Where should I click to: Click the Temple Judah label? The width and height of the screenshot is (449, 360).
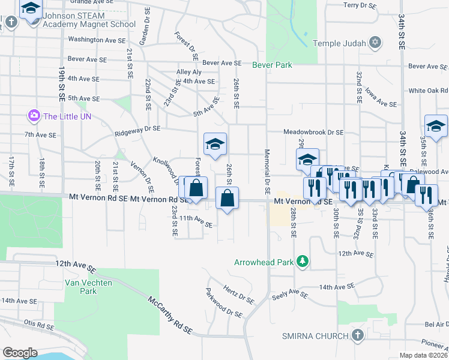339,43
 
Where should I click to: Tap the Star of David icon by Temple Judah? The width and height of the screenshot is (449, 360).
375,43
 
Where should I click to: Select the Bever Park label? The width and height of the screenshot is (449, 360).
272,65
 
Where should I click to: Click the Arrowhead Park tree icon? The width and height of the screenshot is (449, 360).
303,262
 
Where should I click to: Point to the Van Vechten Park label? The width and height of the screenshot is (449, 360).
80,286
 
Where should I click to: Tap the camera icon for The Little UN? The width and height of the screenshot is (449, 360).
34,115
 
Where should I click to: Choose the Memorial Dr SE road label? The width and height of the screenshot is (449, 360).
267,171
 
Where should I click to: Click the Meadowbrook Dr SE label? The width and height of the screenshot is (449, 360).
313,132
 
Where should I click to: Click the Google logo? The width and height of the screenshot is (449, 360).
19,353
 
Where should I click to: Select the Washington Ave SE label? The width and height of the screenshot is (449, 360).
97,40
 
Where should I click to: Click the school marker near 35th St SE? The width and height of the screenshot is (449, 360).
436,126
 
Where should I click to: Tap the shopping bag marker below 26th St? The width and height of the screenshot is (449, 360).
228,199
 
